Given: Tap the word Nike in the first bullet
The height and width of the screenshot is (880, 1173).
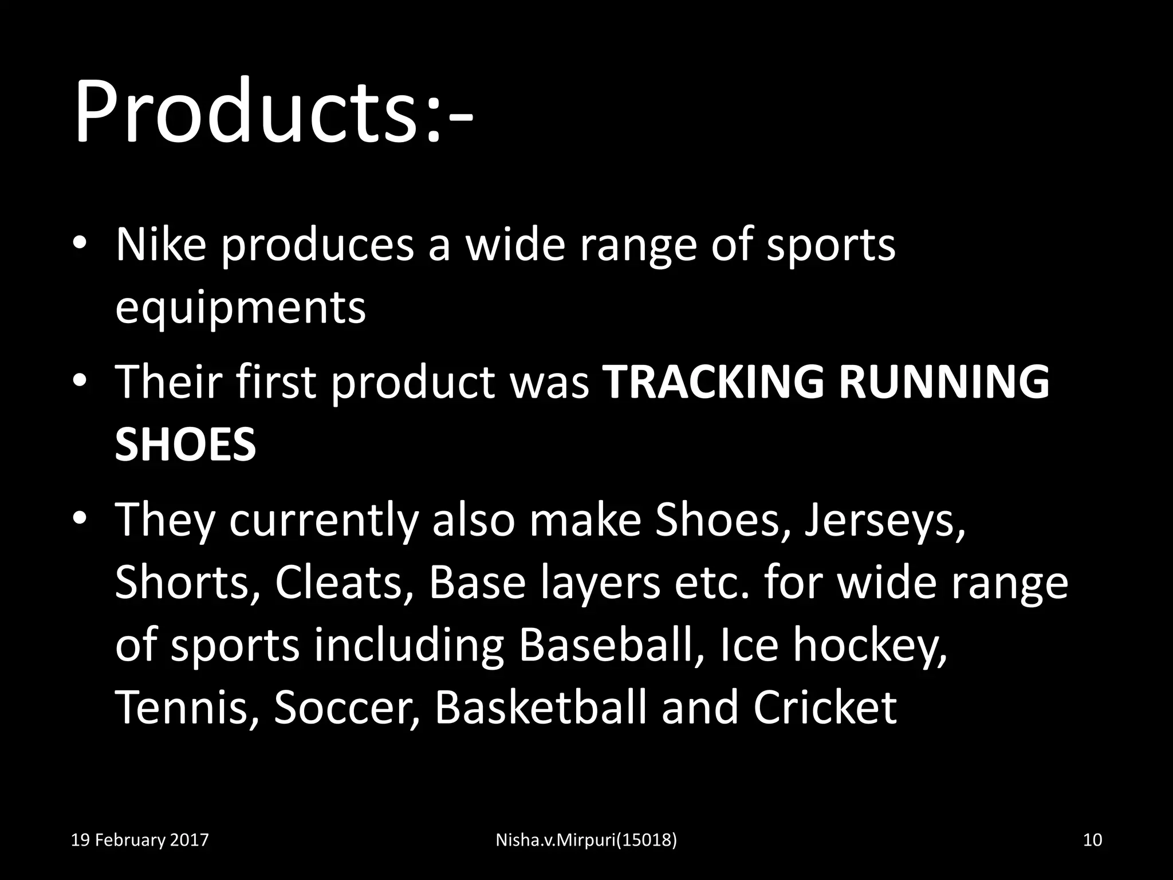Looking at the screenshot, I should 160,245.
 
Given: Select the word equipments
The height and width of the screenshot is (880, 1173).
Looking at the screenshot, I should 240,308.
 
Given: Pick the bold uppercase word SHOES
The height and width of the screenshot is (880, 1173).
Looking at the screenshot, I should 185,445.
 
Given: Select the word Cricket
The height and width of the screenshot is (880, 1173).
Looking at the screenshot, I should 825,707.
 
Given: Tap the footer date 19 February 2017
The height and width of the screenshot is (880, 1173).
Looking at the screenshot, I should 140,840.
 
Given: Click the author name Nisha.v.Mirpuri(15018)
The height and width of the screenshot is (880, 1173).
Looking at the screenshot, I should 586,840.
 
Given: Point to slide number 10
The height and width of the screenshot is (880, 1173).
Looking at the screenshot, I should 1093,840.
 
